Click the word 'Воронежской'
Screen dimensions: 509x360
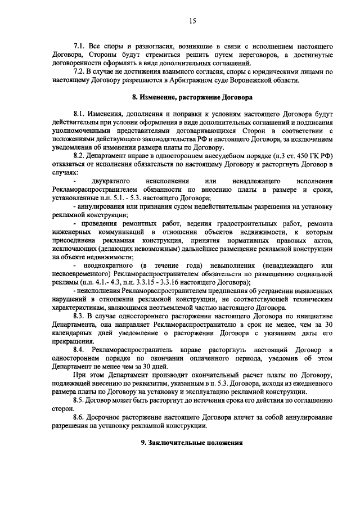pyautogui.click(x=255, y=80)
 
